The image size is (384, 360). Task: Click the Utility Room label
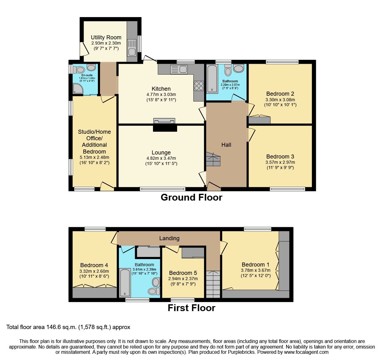click(106, 37)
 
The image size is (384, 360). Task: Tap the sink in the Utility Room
click(132, 48)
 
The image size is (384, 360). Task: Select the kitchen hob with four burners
click(199, 86)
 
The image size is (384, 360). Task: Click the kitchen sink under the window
click(179, 69)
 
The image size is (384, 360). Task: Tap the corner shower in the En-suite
click(78, 89)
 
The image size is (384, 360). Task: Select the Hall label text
click(226, 145)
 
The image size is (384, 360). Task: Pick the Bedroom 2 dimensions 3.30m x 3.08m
click(280, 100)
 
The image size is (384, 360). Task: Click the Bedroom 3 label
click(280, 156)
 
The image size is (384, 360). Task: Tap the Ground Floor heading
click(191, 197)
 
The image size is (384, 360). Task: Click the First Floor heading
click(191, 308)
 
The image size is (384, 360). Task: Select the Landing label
click(169, 238)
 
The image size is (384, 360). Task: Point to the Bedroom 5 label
click(183, 273)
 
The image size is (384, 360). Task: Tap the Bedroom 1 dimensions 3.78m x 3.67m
click(255, 270)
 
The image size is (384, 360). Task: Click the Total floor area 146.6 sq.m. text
click(68, 327)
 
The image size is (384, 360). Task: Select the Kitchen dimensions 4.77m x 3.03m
click(161, 94)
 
